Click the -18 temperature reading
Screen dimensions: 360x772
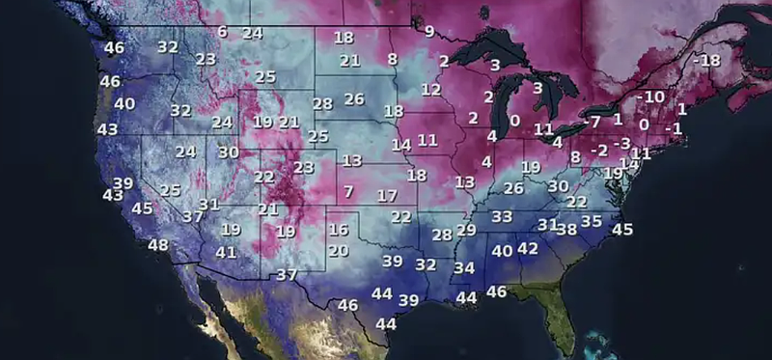click(706, 61)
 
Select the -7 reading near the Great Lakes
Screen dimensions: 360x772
click(592, 122)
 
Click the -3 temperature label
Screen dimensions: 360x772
click(621, 143)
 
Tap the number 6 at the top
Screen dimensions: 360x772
click(223, 32)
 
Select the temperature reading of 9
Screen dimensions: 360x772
click(428, 31)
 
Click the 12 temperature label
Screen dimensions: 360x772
click(430, 90)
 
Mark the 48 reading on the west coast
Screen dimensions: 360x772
click(158, 245)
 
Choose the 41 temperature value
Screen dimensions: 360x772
click(226, 253)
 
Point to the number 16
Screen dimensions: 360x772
click(338, 230)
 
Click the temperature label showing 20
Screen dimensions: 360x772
click(338, 251)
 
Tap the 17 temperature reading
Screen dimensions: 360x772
click(387, 195)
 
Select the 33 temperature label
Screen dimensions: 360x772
click(502, 217)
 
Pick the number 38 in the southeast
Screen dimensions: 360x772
click(567, 230)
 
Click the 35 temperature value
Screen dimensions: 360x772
click(592, 221)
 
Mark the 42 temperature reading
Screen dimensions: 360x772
click(527, 248)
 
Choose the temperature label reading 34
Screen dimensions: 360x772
click(464, 267)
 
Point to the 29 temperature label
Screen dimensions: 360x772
click(466, 230)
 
